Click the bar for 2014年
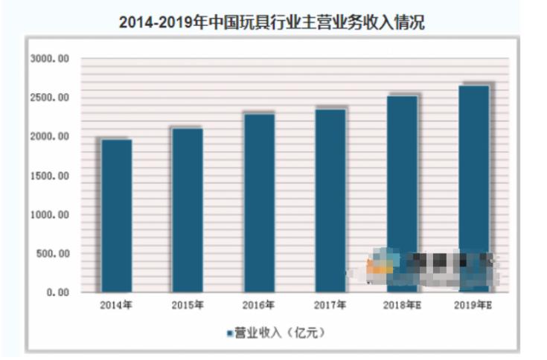coord(117,216)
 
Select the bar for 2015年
coord(188,210)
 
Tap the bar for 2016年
coord(259,202)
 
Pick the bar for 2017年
coord(330,201)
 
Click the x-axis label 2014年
coord(117,305)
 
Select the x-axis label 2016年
coord(259,305)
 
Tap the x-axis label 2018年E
coord(402,305)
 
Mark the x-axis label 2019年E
coord(473,305)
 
